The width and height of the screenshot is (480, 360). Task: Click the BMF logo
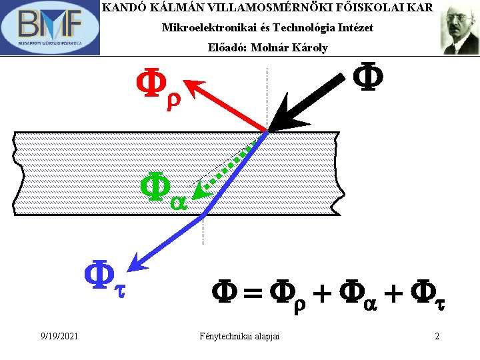[50, 28]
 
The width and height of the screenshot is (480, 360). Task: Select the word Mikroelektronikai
[200, 28]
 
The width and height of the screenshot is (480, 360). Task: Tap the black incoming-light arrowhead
[280, 121]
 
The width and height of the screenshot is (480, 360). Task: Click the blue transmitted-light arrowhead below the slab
[137, 262]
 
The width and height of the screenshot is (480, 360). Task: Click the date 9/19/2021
[58, 335]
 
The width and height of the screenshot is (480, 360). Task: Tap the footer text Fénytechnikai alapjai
[239, 335]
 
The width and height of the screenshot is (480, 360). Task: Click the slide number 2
[437, 335]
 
